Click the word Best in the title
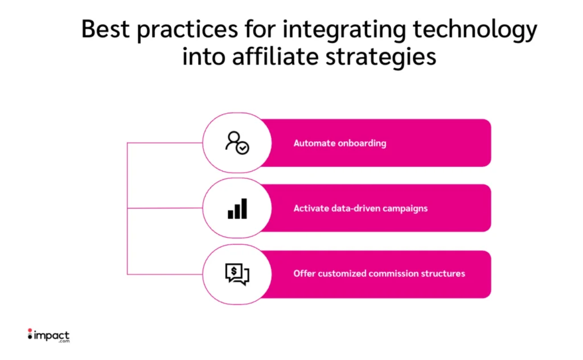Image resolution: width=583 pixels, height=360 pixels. coord(105,29)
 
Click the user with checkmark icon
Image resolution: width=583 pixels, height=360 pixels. coord(237,143)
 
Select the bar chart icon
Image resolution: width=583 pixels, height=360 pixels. coord(237,208)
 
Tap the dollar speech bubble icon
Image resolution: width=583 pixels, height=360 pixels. coord(237,274)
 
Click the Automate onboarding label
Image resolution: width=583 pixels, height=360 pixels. coord(340,143)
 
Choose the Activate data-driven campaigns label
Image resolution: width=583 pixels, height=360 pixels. coord(360,208)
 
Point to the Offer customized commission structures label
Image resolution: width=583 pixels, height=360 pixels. coord(379,274)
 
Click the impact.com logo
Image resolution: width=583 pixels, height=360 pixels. coord(48,336)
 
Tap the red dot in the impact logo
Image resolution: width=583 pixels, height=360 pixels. coord(30,330)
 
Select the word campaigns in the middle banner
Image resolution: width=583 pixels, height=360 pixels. coord(405,209)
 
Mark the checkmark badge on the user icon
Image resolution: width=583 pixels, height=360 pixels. coord(243,149)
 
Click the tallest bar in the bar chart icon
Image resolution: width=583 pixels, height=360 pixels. coord(244,208)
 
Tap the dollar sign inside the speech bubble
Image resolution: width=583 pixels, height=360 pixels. coord(233,271)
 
